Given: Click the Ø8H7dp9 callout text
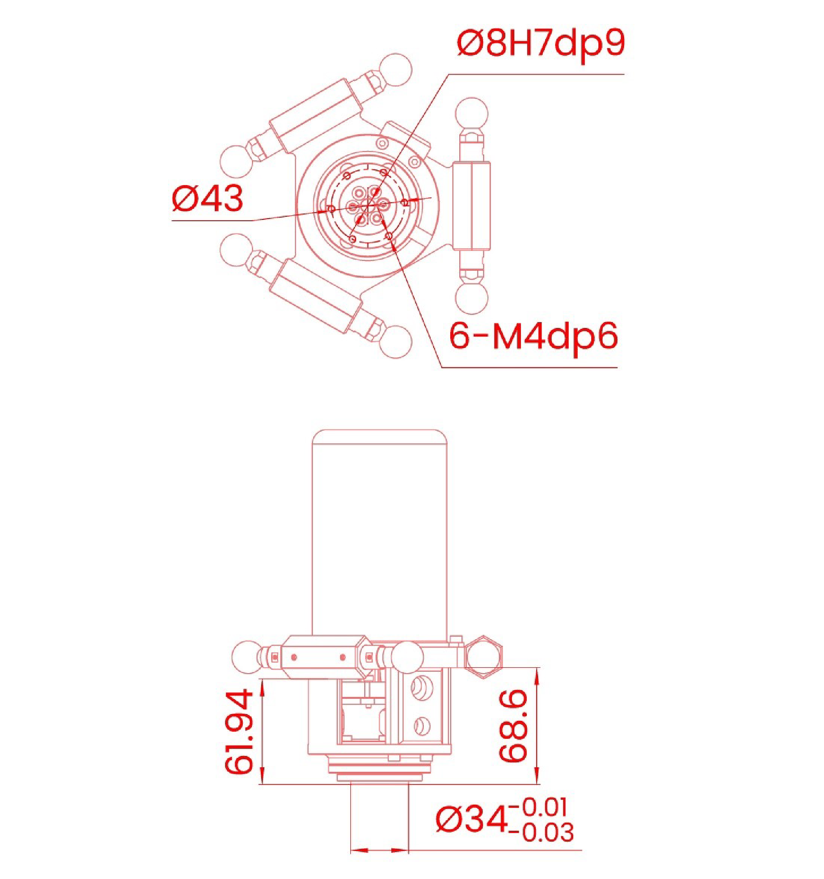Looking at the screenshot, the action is [x=541, y=44].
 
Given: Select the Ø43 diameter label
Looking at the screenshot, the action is [x=208, y=198].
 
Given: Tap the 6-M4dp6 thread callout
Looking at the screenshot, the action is [x=534, y=337].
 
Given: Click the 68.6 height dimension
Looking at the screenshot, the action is [x=513, y=726].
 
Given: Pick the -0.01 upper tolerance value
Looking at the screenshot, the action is [x=539, y=807].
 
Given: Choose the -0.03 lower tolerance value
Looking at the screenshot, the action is [x=542, y=832].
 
